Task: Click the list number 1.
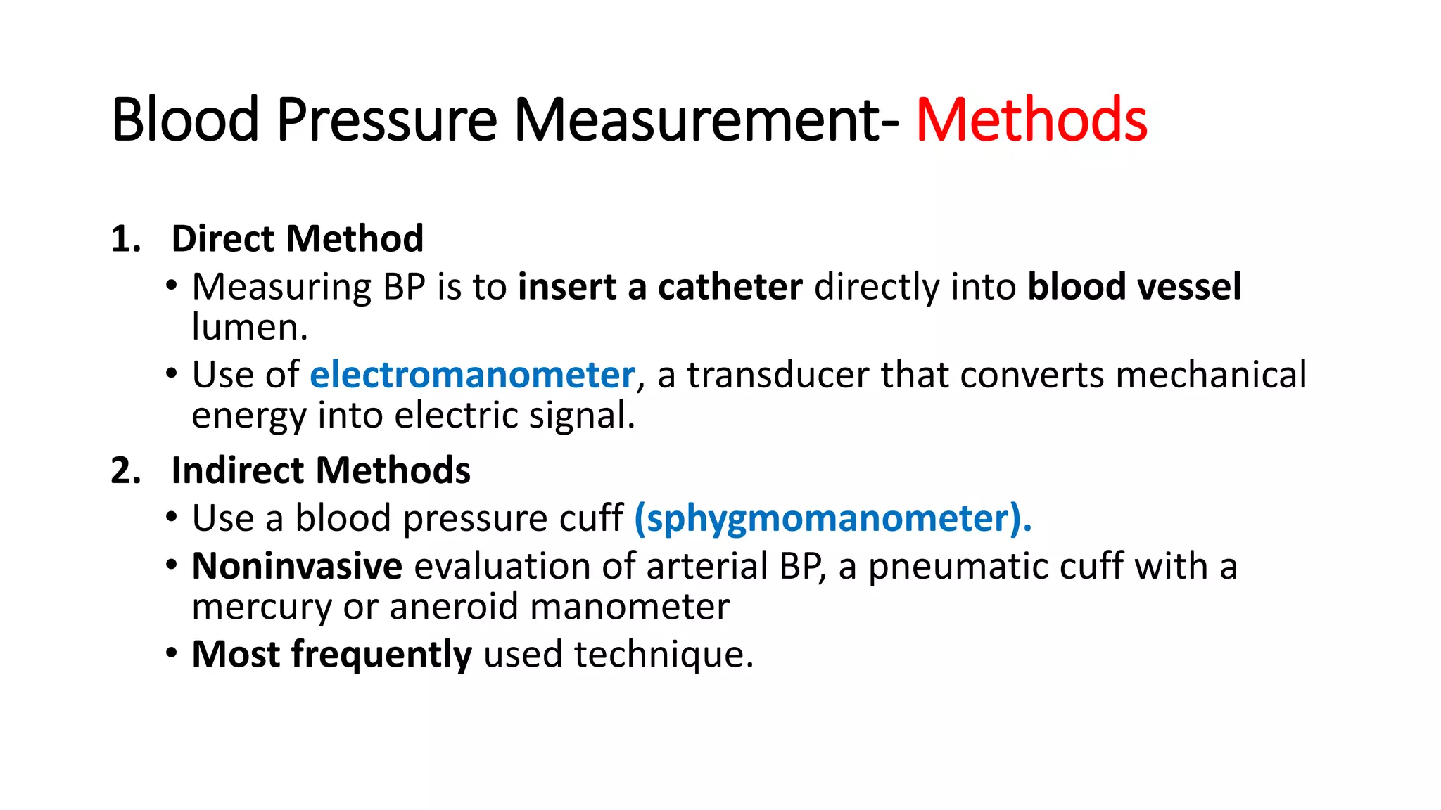tap(125, 239)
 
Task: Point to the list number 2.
tap(125, 470)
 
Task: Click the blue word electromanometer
tap(472, 374)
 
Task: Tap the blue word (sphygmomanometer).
tap(832, 518)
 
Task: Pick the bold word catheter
tap(730, 287)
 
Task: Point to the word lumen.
tap(249, 327)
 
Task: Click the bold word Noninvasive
tap(297, 566)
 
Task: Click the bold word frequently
tap(381, 655)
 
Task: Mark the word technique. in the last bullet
tap(664, 655)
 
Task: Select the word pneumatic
tap(958, 567)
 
